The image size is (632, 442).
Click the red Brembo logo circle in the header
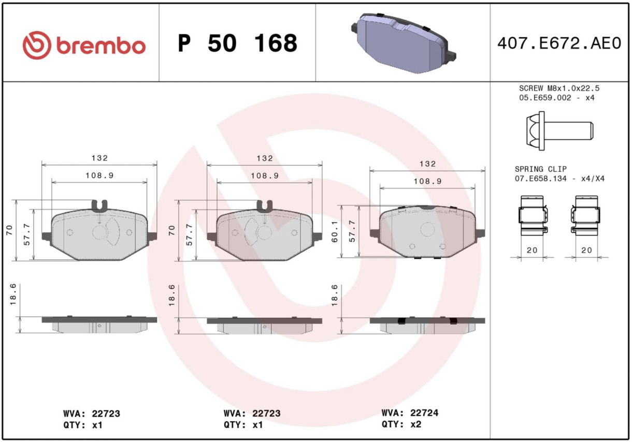(x=37, y=46)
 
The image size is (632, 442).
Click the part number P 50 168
(x=238, y=43)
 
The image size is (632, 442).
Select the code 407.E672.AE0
(x=559, y=43)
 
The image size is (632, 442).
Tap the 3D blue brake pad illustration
(x=404, y=43)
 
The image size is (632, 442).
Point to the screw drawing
(x=559, y=131)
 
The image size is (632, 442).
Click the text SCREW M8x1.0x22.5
(x=559, y=88)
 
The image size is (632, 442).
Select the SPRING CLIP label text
(x=541, y=169)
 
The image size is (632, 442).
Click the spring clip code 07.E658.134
(x=541, y=179)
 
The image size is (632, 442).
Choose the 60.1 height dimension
(x=335, y=231)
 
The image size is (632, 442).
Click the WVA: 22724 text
(x=410, y=413)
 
